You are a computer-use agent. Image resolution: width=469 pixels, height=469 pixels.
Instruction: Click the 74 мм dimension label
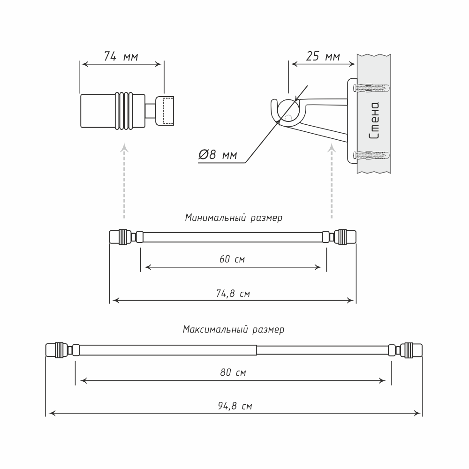tap(121, 57)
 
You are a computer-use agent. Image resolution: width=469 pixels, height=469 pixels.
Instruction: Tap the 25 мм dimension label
tap(323, 57)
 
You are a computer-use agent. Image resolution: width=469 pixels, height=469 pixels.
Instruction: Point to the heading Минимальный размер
tap(234, 218)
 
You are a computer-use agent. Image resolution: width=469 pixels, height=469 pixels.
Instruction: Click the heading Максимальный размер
tap(234, 330)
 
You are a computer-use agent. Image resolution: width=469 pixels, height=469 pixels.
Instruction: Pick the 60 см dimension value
tap(233, 259)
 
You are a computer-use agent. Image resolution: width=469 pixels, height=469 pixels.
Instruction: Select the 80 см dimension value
tap(233, 373)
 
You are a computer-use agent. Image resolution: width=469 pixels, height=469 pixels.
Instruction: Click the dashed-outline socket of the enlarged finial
tap(165, 111)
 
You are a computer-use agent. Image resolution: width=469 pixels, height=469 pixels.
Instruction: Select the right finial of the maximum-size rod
tap(411, 350)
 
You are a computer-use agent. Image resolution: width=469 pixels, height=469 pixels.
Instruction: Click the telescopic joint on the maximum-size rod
tap(257, 350)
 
